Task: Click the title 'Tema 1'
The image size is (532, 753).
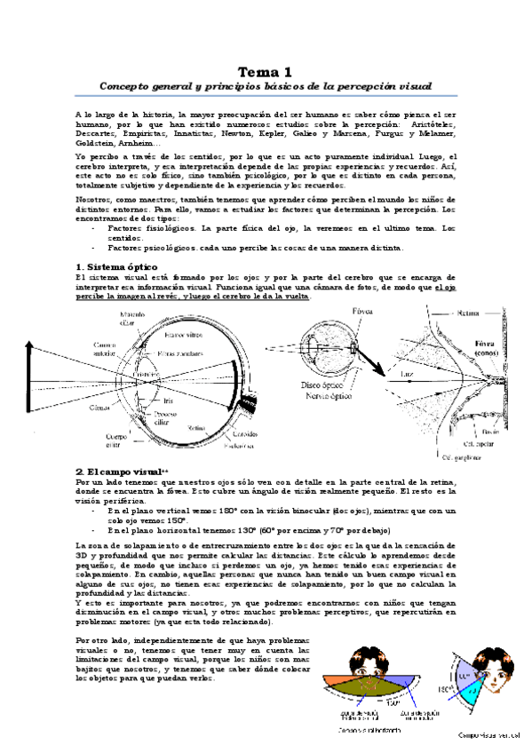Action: (266, 72)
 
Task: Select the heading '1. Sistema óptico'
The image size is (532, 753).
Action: (116, 266)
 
